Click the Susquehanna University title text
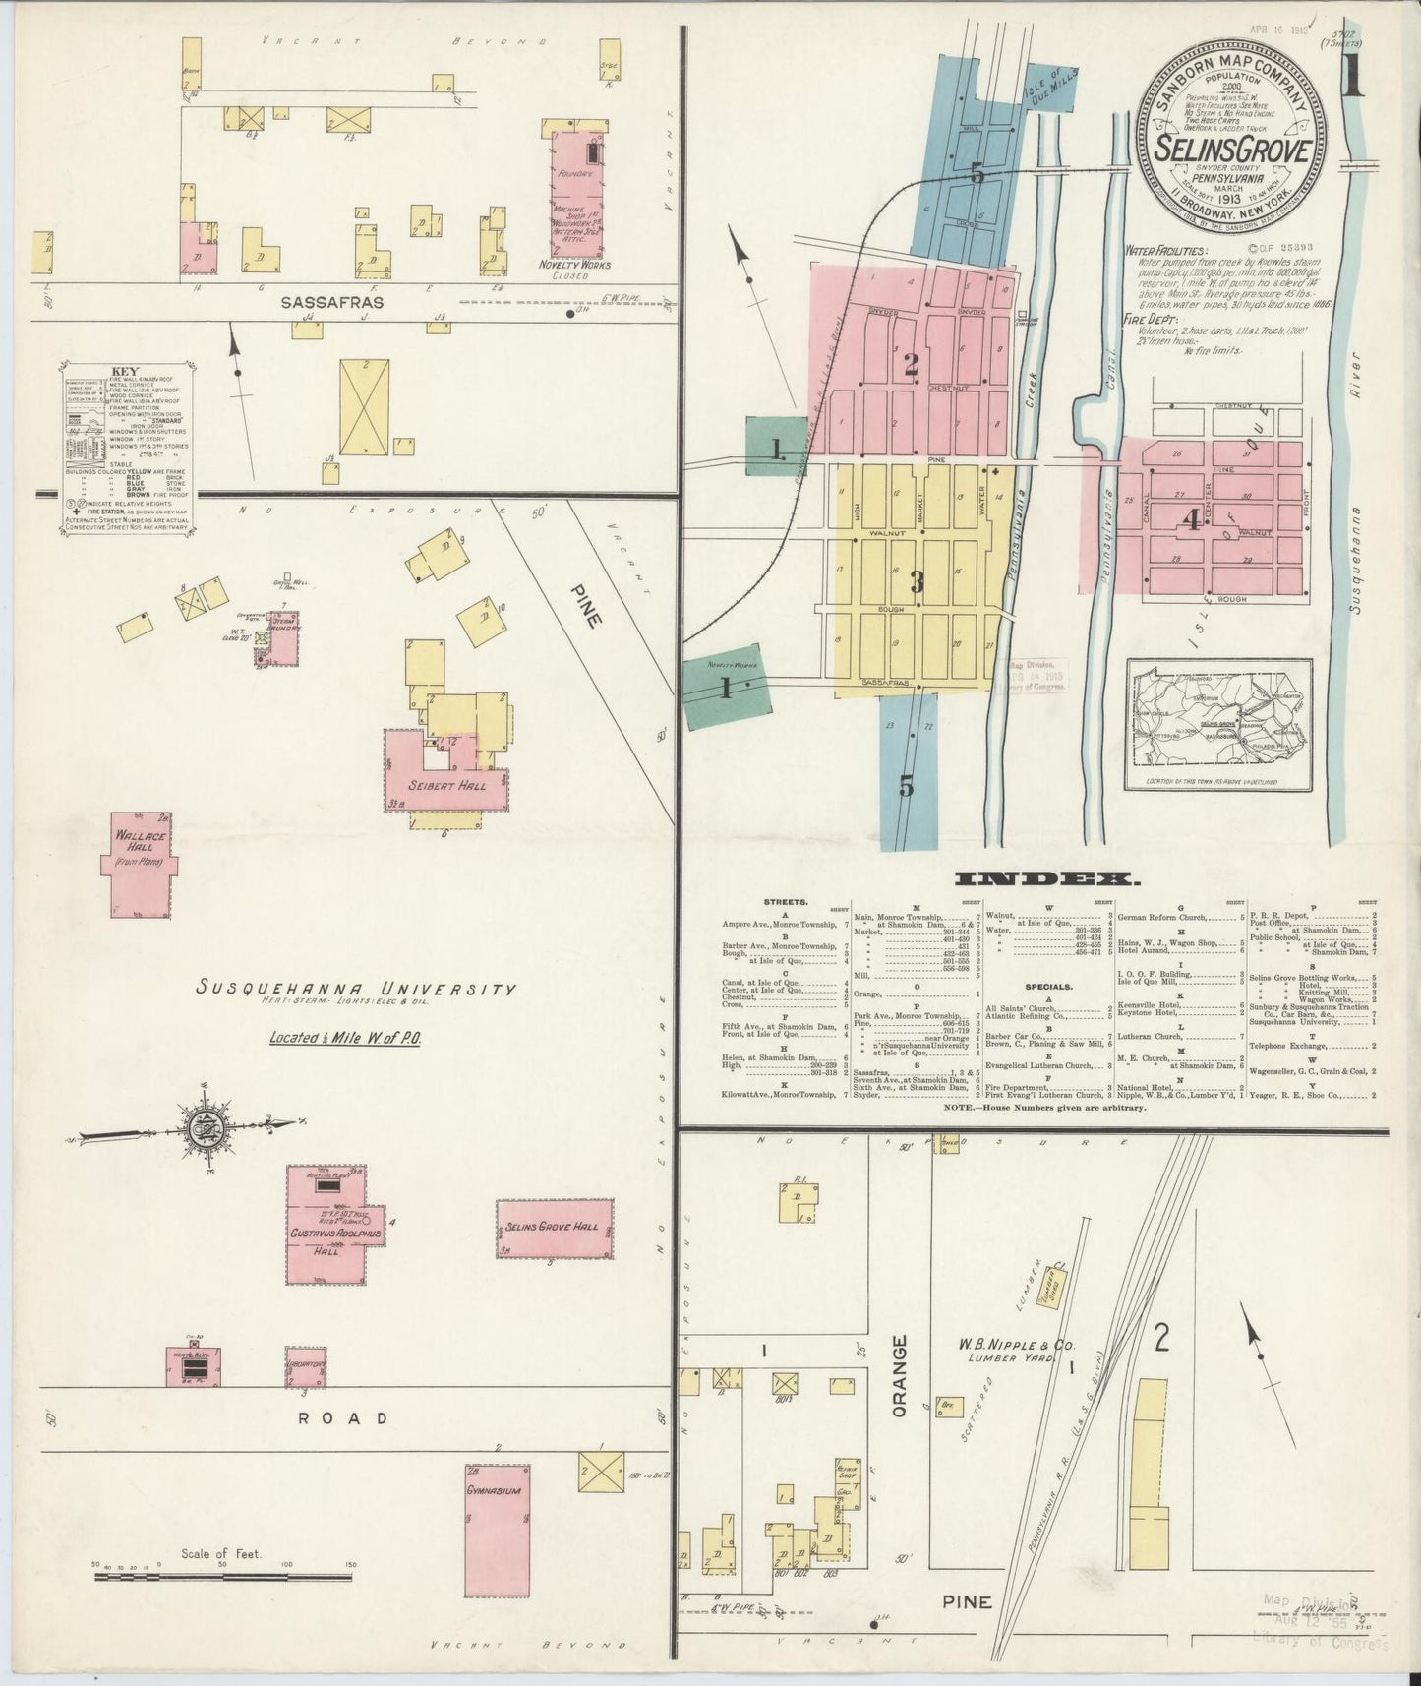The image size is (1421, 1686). click(355, 989)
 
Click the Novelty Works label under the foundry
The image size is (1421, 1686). click(574, 265)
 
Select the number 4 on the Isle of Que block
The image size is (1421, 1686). click(1192, 519)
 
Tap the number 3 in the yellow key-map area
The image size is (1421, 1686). click(917, 582)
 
